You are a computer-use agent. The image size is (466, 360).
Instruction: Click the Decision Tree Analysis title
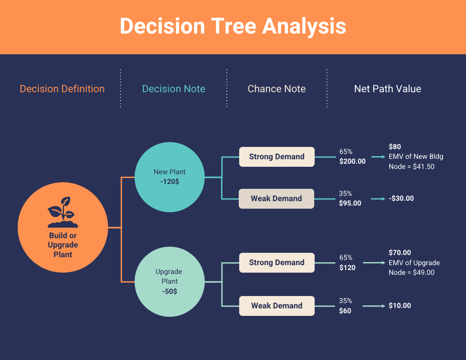coord(233,26)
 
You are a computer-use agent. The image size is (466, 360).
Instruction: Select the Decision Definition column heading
coord(62,89)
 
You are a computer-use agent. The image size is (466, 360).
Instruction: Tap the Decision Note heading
coord(173,89)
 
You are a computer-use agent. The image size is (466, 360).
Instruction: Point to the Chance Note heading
coord(277,89)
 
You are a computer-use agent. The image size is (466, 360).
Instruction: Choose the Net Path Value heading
coord(387,89)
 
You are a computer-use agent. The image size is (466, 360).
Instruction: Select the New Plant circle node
coord(169,177)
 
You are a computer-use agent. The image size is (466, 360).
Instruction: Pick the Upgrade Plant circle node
coord(169,281)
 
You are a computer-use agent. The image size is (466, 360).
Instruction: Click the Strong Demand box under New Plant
coord(277,157)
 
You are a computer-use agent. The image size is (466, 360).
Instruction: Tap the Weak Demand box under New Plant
coord(277,199)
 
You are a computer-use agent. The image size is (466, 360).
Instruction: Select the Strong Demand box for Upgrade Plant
coord(277,262)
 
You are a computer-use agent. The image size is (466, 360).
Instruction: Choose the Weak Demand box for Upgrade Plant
coord(277,306)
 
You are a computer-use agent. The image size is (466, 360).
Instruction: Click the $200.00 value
coord(353,161)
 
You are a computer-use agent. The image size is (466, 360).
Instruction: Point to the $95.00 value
coord(350,203)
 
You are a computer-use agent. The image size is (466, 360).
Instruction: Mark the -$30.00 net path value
coord(401,199)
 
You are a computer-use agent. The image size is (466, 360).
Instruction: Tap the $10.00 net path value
coord(400,306)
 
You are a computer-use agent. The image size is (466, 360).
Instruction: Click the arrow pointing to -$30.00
coord(378,199)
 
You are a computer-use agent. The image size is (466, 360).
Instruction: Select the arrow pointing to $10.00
coord(374,306)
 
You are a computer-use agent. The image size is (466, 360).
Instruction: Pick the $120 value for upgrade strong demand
coord(347,267)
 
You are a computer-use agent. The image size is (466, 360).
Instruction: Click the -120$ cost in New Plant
coord(169,181)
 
